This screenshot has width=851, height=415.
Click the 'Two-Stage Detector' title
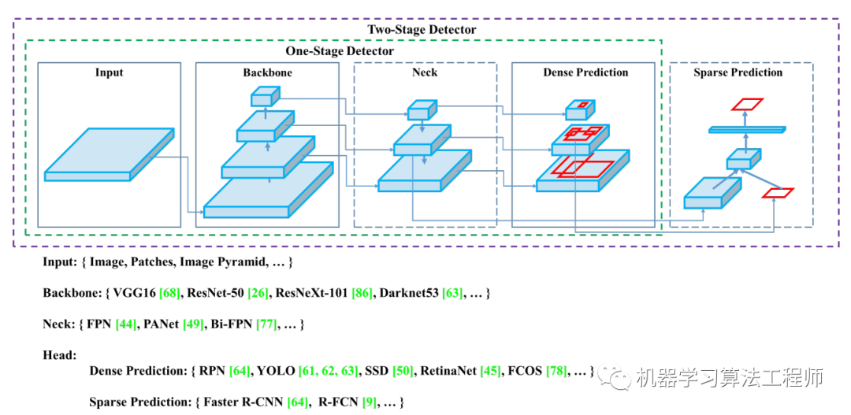pos(422,30)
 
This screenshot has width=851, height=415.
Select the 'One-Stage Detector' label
pos(340,51)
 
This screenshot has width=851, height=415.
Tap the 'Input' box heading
pos(110,72)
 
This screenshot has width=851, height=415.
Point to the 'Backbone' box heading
pos(267,72)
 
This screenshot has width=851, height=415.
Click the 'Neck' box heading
pos(425,72)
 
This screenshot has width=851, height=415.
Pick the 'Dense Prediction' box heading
pos(585,72)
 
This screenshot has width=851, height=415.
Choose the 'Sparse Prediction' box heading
pos(738,72)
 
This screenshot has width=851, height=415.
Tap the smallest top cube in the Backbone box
pos(263,98)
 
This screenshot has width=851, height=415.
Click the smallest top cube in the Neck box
pos(422,109)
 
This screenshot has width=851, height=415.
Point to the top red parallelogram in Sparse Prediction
pos(747,103)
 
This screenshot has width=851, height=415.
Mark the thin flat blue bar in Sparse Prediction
pos(746,129)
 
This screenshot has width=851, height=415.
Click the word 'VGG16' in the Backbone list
pos(134,293)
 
